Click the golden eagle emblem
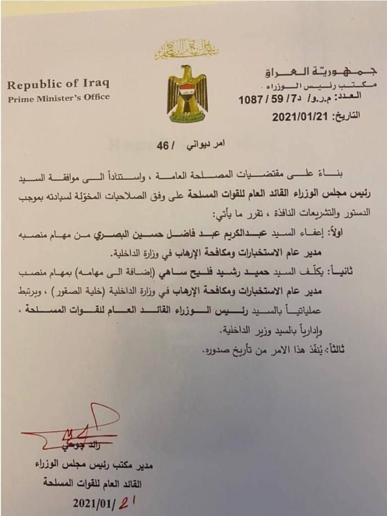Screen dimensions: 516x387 tap(187, 93)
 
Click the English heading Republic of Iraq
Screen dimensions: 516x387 tap(58, 84)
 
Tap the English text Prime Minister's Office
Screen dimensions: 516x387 tap(58, 98)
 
